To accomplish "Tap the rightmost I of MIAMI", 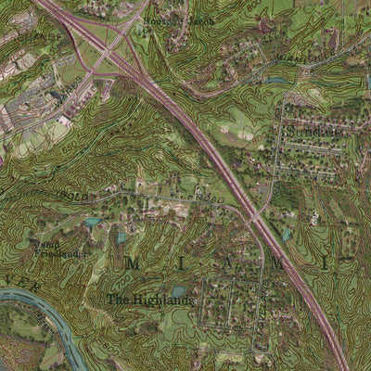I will click(x=325, y=263).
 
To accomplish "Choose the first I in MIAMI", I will click(x=180, y=264).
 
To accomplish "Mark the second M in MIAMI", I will click(x=276, y=264).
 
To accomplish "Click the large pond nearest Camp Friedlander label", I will click(x=92, y=222).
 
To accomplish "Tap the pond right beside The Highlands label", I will click(x=178, y=292).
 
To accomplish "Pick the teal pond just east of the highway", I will click(x=286, y=235).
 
